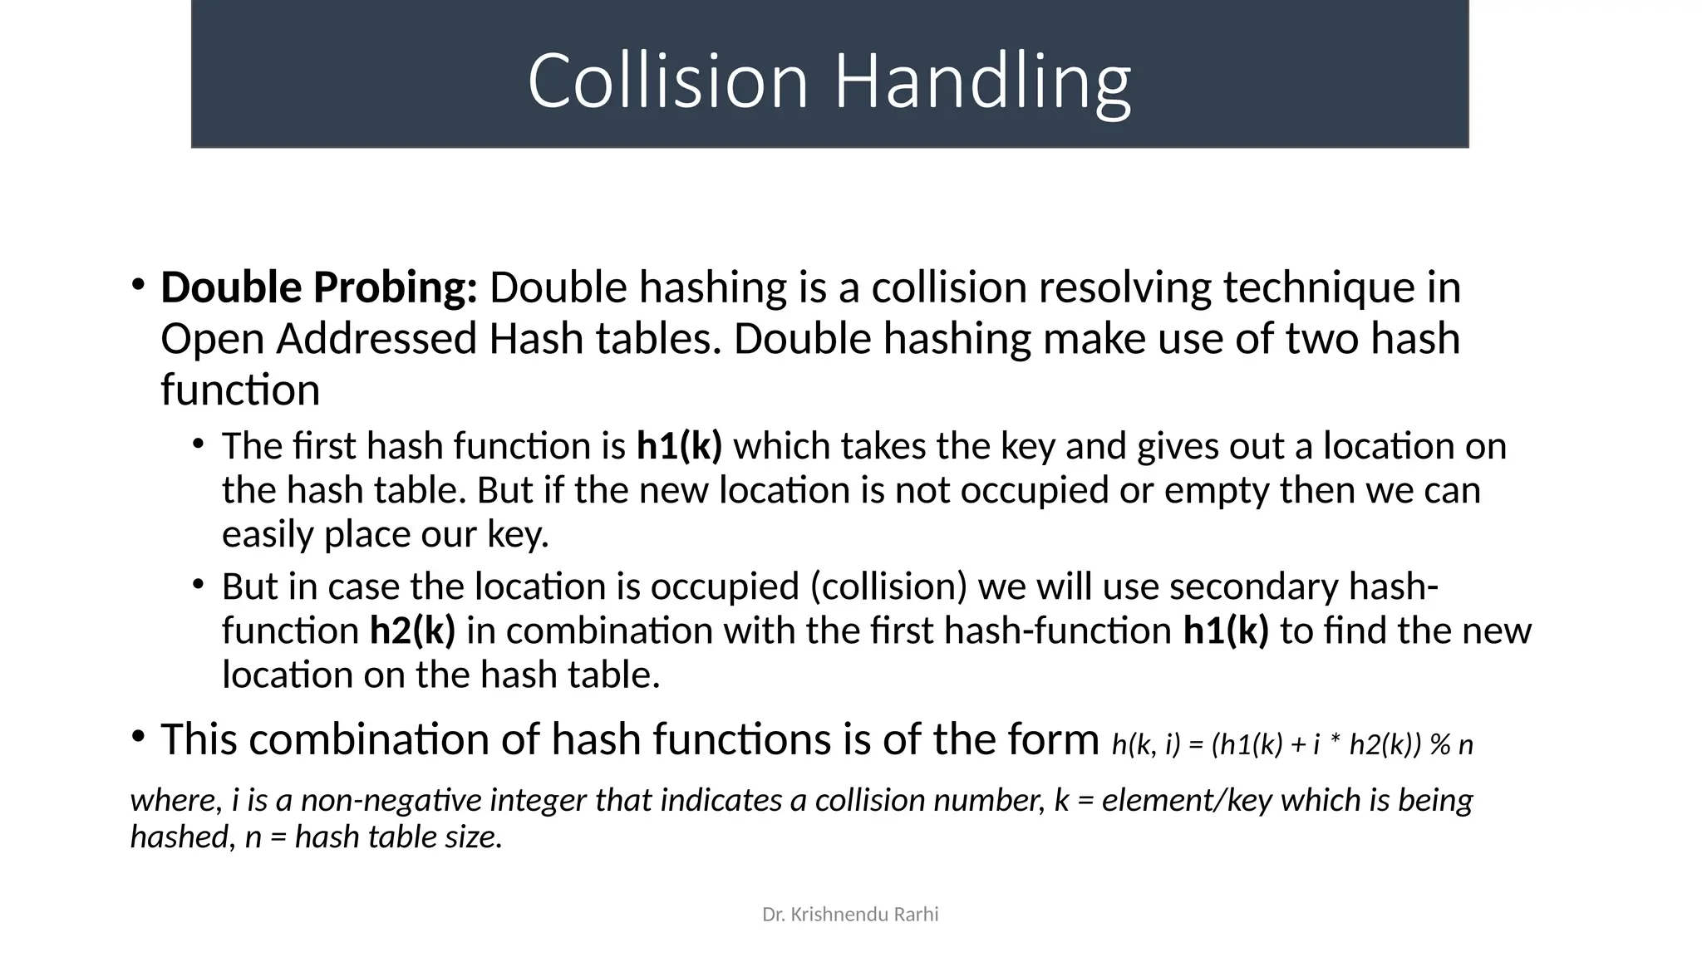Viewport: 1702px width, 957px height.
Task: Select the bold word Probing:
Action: click(395, 287)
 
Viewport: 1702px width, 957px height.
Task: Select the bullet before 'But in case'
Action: click(198, 584)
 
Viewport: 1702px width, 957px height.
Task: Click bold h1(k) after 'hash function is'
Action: click(679, 446)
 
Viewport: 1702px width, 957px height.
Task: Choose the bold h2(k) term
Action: click(412, 631)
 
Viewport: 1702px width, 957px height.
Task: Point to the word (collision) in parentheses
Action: click(888, 586)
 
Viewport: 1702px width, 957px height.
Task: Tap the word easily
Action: click(268, 534)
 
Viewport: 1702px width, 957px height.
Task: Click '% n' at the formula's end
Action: click(1452, 744)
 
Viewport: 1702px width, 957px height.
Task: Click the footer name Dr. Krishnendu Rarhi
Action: click(850, 915)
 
